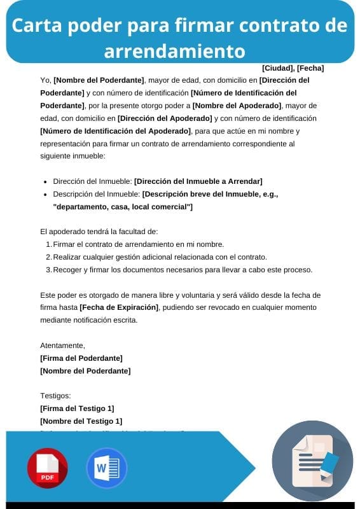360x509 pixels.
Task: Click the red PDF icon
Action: pos(47,468)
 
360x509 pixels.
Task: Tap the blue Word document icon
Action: pos(102,468)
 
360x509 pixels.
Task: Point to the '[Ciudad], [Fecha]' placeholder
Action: pos(293,68)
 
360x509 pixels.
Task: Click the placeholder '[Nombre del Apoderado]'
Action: pos(237,105)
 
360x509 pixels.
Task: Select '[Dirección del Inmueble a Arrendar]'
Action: pos(198,181)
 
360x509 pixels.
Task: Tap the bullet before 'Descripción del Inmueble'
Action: pos(45,194)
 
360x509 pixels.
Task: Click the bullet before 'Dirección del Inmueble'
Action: pos(45,181)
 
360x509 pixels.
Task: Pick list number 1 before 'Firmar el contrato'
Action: pos(49,244)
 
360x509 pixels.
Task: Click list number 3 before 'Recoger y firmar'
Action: pos(49,270)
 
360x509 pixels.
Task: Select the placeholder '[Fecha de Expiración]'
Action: pos(119,307)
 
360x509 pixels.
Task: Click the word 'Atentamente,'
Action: pos(62,345)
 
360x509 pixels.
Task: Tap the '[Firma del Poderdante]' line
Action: pos(81,358)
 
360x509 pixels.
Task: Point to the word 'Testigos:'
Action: pos(55,396)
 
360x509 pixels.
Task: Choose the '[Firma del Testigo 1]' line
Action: pos(77,408)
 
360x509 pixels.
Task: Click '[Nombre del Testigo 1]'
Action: pos(81,421)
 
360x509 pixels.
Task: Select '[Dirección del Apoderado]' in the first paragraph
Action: pos(165,118)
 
